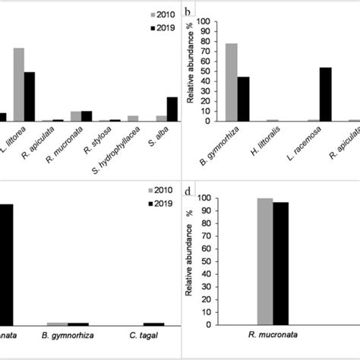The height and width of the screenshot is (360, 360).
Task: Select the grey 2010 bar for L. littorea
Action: tap(18, 84)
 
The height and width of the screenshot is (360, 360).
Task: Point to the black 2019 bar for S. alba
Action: tap(172, 109)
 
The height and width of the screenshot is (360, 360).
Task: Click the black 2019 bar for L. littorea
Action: tap(30, 96)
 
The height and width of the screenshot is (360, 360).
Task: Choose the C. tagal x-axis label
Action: tap(143, 333)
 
